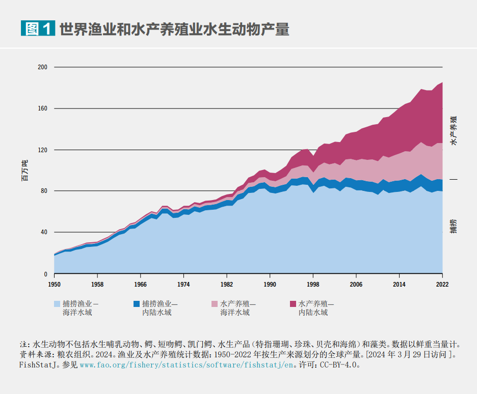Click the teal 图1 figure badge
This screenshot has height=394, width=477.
(37, 29)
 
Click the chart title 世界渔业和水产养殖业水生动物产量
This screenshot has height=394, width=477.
(174, 29)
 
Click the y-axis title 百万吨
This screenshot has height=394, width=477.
(24, 171)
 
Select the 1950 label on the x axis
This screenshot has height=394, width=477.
(54, 285)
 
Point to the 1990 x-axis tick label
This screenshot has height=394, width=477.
(270, 285)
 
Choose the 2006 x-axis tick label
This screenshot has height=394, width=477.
(356, 285)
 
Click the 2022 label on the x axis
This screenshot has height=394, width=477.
(442, 285)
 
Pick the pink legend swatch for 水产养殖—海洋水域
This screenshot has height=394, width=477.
(215, 304)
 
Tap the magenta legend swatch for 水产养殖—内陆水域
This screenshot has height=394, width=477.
(293, 304)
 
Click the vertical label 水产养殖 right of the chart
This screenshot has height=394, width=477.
(454, 130)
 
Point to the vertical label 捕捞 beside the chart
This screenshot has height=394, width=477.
(454, 226)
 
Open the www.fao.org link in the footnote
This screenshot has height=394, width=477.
(187, 365)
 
